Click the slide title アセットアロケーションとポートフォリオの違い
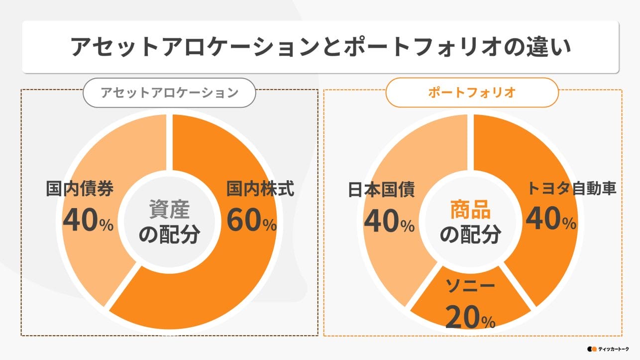[320, 47]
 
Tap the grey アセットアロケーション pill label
[169, 93]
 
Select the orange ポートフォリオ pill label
[472, 93]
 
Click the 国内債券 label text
[80, 189]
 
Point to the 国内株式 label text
[260, 189]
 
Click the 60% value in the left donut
[251, 220]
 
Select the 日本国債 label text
[381, 190]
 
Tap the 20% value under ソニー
[470, 317]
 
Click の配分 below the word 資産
[169, 235]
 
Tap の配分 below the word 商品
[470, 235]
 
